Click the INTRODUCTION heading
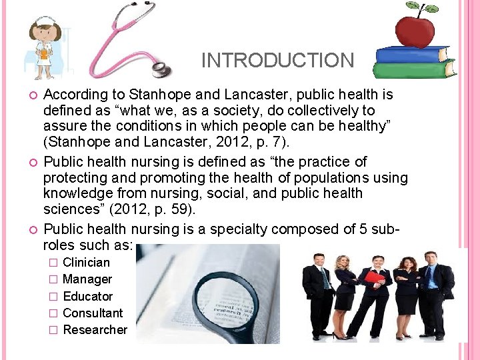point(277,60)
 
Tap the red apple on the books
point(415,29)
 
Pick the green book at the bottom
point(413,69)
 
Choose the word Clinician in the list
point(86,262)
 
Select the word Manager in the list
point(87,279)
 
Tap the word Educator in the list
point(87,296)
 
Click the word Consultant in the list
point(93,313)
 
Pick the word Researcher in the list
point(95,329)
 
